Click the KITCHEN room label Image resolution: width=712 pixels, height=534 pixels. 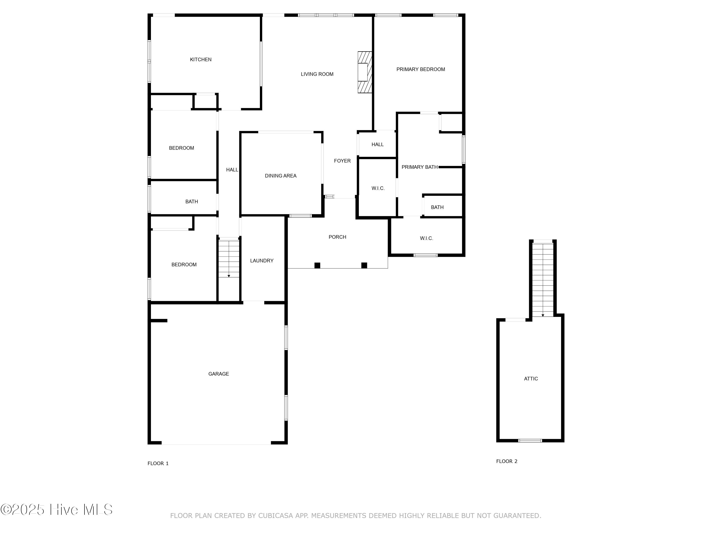pyautogui.click(x=201, y=60)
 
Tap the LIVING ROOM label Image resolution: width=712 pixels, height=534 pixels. pyautogui.click(x=317, y=74)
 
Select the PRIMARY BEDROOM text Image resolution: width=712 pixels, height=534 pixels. pyautogui.click(x=420, y=69)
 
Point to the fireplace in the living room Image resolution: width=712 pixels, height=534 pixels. pyautogui.click(x=365, y=72)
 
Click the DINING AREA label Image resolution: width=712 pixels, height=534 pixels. pyautogui.click(x=280, y=176)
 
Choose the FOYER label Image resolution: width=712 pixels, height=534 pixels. pyautogui.click(x=342, y=161)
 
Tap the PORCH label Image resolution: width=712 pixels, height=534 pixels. pyautogui.click(x=337, y=237)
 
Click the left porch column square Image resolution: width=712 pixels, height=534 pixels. pyautogui.click(x=317, y=265)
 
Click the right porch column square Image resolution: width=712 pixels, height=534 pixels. pyautogui.click(x=364, y=265)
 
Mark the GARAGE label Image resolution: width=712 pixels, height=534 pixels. pyautogui.click(x=218, y=374)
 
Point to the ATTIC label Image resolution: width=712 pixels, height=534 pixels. pyautogui.click(x=531, y=379)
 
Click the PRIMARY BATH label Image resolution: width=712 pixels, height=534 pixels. pyautogui.click(x=419, y=167)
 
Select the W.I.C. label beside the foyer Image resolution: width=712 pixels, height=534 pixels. pyautogui.click(x=378, y=188)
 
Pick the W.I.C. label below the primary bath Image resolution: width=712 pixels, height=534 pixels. pyautogui.click(x=426, y=238)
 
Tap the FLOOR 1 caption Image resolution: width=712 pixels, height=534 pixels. pyautogui.click(x=158, y=463)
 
